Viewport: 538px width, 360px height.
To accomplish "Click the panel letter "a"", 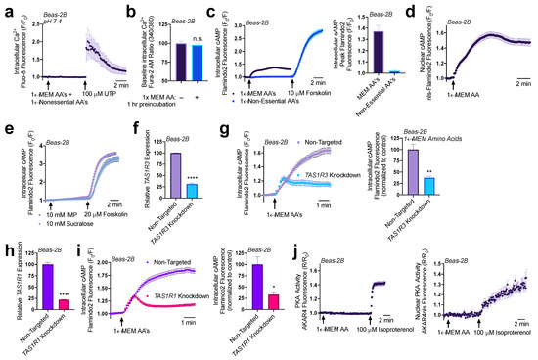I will (6, 8).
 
